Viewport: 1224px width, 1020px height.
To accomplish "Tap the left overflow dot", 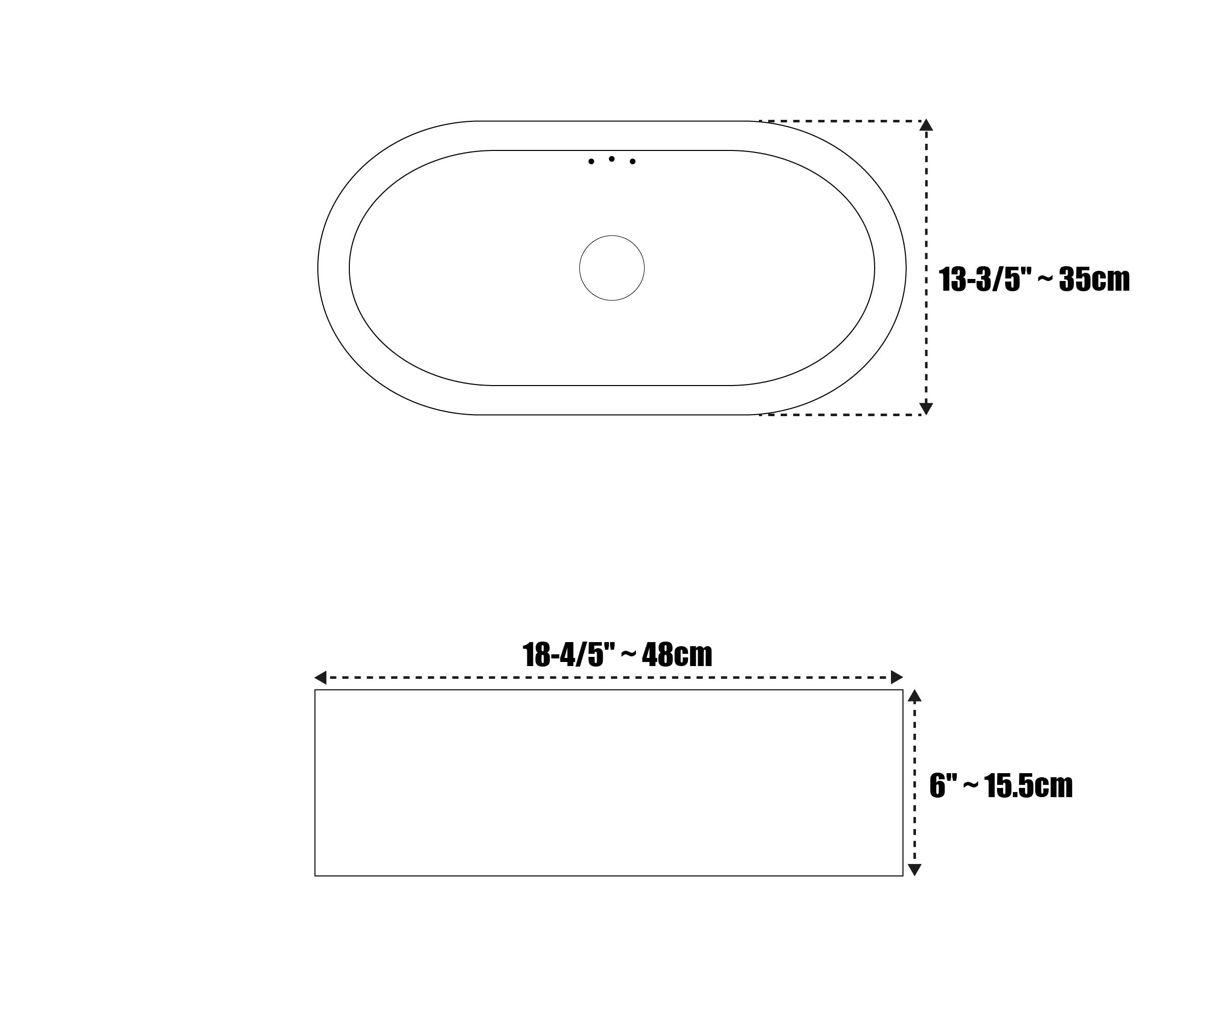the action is point(591,162).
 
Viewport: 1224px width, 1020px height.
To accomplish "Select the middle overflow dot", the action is point(611,159).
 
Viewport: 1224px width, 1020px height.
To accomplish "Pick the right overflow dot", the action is point(632,162).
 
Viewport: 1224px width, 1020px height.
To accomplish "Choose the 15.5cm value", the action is point(1029,786).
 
